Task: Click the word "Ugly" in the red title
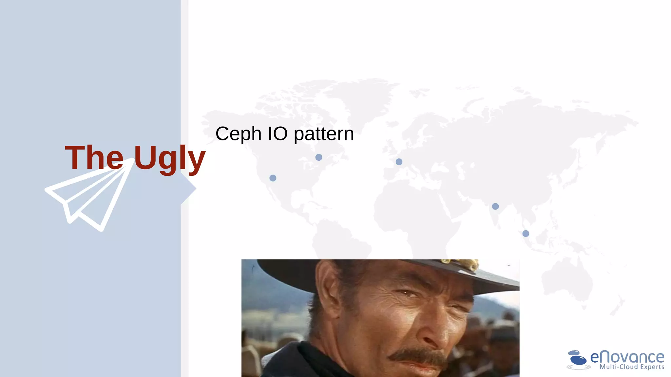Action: click(x=169, y=158)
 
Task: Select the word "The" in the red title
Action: click(x=94, y=158)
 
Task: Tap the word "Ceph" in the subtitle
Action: click(x=238, y=134)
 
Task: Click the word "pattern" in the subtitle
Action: click(x=324, y=134)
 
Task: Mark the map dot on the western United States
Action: click(x=273, y=178)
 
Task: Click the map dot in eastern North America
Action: click(x=319, y=157)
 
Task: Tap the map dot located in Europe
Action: click(x=399, y=162)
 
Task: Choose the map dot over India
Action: click(x=495, y=206)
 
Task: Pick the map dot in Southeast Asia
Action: click(x=526, y=233)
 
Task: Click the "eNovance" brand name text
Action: click(x=627, y=357)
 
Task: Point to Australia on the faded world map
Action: click(x=567, y=281)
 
